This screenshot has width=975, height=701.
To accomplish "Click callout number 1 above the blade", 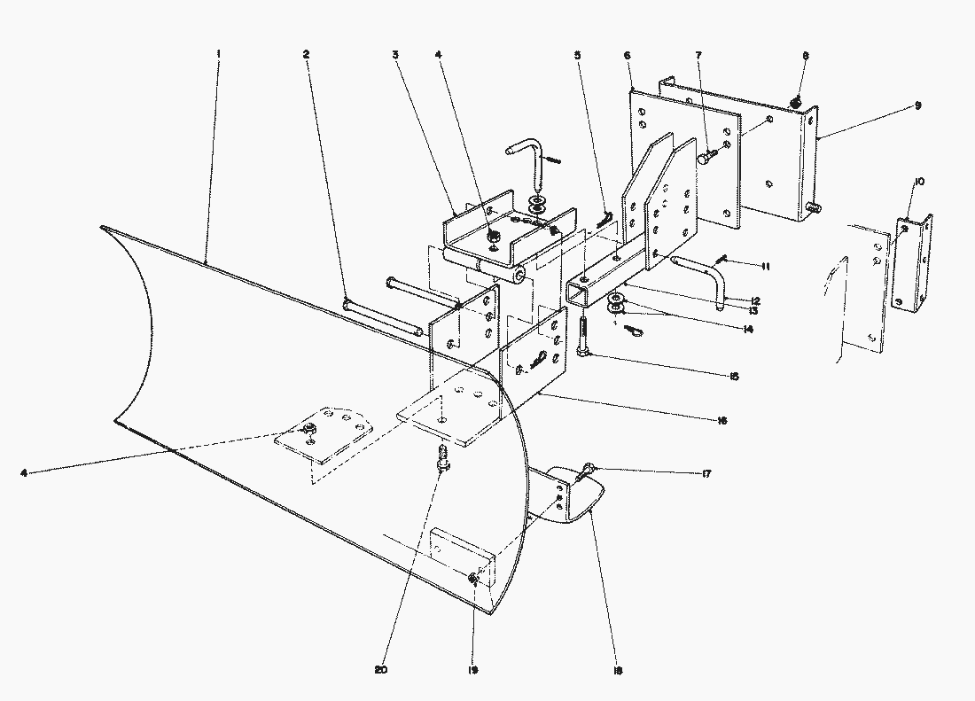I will pos(218,54).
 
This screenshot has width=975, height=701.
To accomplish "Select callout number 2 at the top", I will pos(306,54).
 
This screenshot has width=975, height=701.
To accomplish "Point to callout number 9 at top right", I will pos(917,105).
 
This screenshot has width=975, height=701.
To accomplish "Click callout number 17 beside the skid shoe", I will pos(706,475).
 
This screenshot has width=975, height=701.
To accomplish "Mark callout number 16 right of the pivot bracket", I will pos(721,420).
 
